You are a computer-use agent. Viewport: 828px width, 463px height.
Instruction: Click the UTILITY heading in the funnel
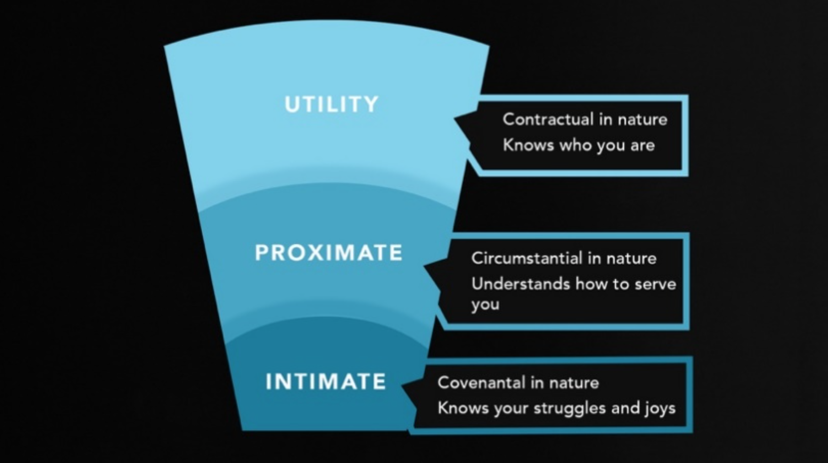tap(332, 104)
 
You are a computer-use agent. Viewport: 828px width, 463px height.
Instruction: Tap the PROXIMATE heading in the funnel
tap(328, 252)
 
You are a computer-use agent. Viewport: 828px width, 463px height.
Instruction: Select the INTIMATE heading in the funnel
tap(326, 382)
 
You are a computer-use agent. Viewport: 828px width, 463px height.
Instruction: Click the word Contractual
tap(548, 119)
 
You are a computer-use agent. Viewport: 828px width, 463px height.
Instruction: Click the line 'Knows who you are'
tap(579, 145)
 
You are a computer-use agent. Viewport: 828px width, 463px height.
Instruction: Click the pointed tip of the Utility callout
tap(455, 119)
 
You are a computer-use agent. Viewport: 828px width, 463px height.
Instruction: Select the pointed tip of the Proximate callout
tap(425, 265)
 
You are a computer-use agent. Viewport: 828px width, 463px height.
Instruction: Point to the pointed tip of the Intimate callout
tap(403, 387)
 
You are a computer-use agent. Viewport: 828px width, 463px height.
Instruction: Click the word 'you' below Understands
tap(485, 305)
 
